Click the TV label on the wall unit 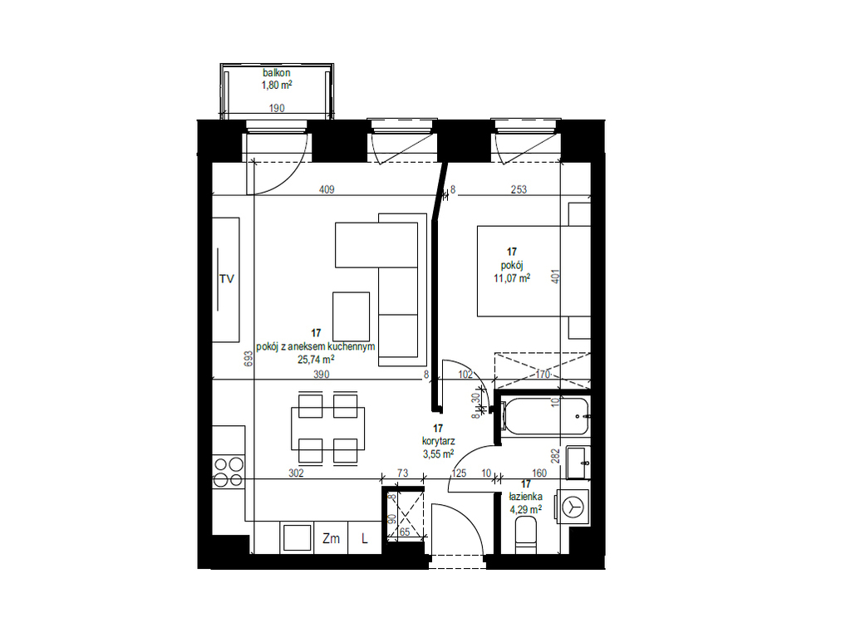(x=226, y=279)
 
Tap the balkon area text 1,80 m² (x=277, y=85)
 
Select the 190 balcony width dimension (x=277, y=108)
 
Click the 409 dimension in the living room (x=327, y=189)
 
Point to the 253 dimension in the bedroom (x=519, y=189)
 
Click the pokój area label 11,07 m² (x=512, y=278)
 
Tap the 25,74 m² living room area (x=316, y=359)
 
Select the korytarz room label (x=439, y=442)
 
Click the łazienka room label (x=525, y=497)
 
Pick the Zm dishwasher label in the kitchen (x=331, y=538)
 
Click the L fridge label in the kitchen (x=365, y=538)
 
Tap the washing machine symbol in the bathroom (x=572, y=507)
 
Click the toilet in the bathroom (x=526, y=535)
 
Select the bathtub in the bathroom (x=545, y=417)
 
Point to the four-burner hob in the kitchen (x=229, y=472)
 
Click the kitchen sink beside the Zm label (x=297, y=537)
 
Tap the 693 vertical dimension (x=248, y=359)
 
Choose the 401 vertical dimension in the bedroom (x=554, y=277)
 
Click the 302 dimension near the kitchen (x=296, y=473)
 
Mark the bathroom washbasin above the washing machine (x=578, y=463)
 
